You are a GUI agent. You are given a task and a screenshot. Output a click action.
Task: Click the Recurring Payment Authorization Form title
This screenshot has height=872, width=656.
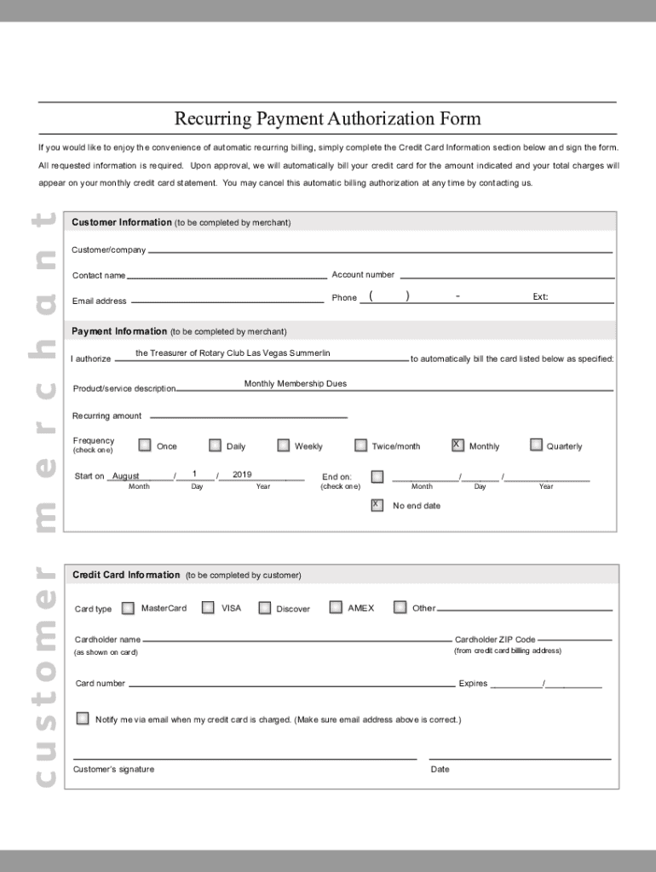pyautogui.click(x=328, y=118)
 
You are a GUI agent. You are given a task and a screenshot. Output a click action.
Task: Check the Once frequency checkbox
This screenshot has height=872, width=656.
pyautogui.click(x=145, y=445)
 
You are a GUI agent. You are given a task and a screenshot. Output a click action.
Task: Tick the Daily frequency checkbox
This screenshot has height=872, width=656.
pyautogui.click(x=215, y=445)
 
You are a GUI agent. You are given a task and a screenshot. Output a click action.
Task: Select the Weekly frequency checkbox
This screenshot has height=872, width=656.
pyautogui.click(x=283, y=445)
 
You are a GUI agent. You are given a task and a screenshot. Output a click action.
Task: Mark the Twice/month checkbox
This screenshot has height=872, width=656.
pyautogui.click(x=360, y=445)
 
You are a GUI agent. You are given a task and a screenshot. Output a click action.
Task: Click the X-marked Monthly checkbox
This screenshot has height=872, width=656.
pyautogui.click(x=457, y=445)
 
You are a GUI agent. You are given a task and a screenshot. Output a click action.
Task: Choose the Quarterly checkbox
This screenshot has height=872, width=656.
pyautogui.click(x=536, y=445)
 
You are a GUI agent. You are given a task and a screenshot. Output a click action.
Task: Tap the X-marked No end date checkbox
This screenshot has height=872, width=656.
pyautogui.click(x=377, y=505)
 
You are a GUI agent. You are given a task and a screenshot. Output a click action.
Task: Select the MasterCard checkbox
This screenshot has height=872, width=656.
pyautogui.click(x=128, y=608)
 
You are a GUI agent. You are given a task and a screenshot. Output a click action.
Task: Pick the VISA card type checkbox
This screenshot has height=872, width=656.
pyautogui.click(x=208, y=607)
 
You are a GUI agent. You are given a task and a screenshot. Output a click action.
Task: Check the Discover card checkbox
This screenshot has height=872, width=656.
pyautogui.click(x=265, y=608)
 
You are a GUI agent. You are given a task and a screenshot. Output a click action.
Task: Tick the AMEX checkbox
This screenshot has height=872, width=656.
pyautogui.click(x=335, y=607)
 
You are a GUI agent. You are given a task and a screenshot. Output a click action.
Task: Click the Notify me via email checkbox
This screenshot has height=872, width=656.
pyautogui.click(x=82, y=718)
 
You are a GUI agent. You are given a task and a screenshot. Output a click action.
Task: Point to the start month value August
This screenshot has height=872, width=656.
pyautogui.click(x=126, y=476)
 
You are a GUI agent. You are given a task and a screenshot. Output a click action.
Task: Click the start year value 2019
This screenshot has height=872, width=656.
pyautogui.click(x=242, y=474)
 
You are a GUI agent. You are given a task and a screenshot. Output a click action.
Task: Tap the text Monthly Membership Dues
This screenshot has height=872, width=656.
pyautogui.click(x=295, y=384)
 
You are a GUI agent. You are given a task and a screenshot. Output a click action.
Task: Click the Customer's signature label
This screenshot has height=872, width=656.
pyautogui.click(x=113, y=769)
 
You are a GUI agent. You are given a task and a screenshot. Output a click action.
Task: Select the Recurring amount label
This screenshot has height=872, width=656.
pyautogui.click(x=106, y=416)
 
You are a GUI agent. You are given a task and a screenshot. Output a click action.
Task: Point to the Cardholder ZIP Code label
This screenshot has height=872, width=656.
pyautogui.click(x=495, y=640)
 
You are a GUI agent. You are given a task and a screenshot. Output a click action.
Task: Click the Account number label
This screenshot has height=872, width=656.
pyautogui.click(x=363, y=275)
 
